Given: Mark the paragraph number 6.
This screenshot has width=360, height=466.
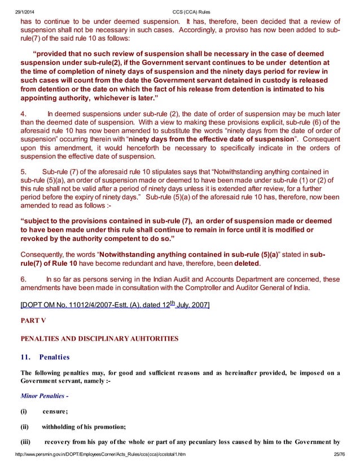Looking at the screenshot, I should click(x=23, y=279).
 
